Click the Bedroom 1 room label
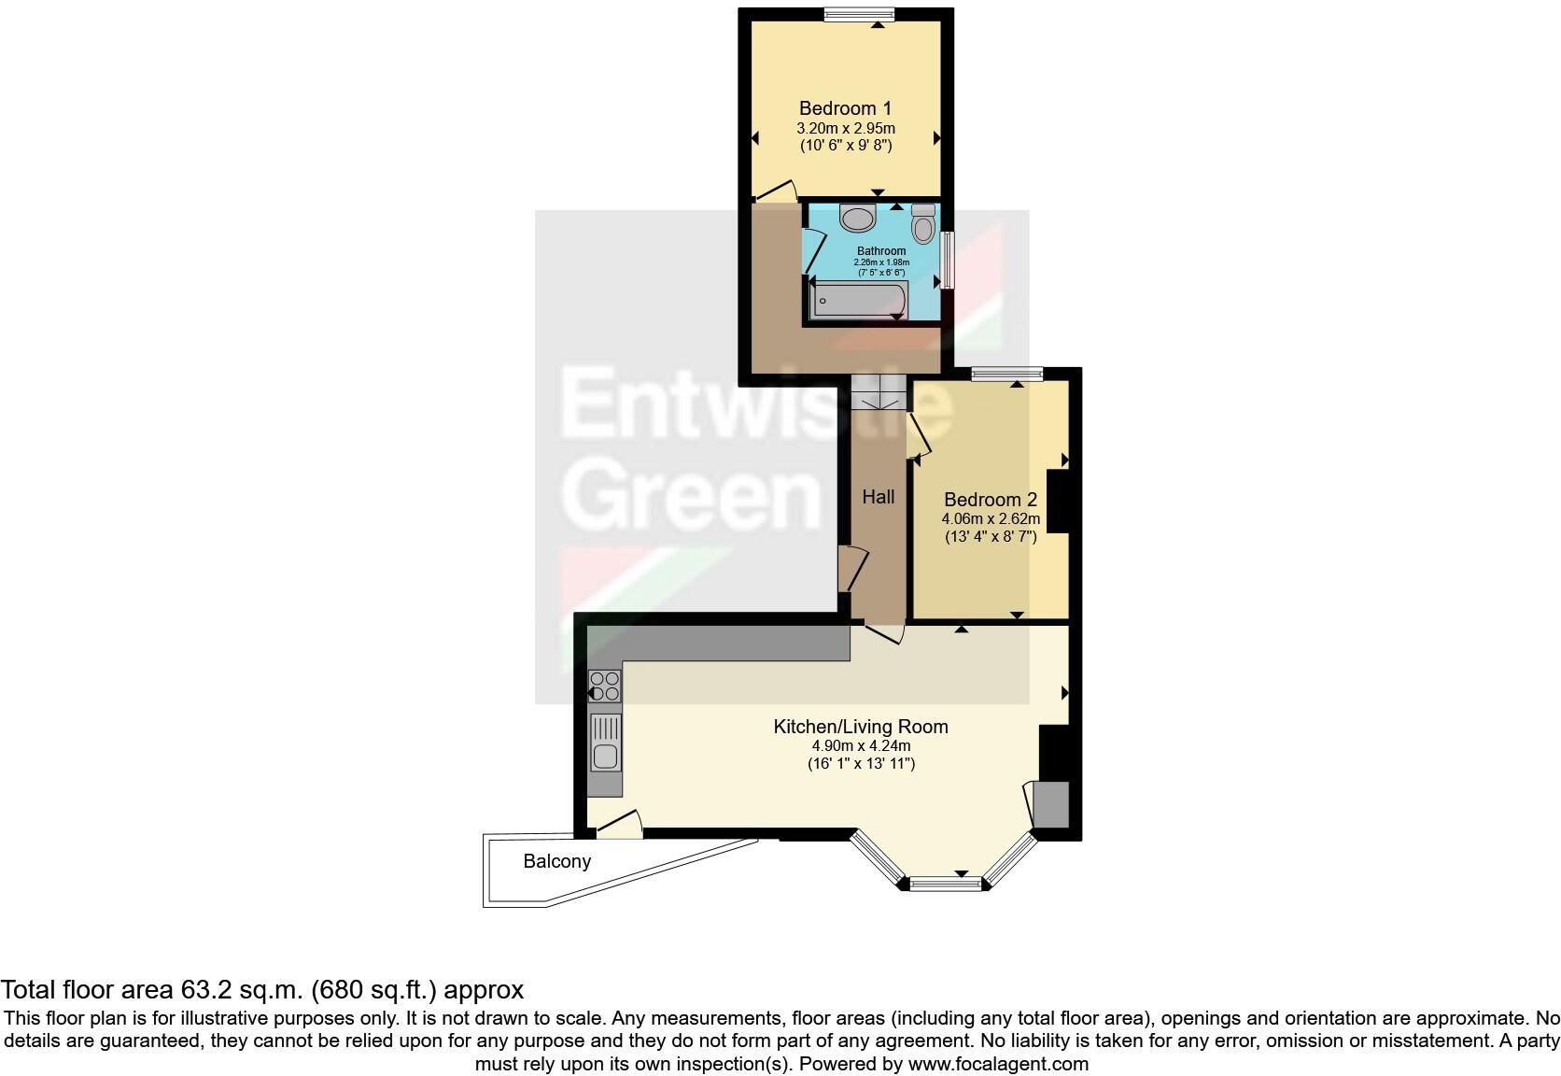click(x=837, y=108)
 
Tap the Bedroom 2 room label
click(x=990, y=500)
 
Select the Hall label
click(x=878, y=497)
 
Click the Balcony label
click(x=556, y=861)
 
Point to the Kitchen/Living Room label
click(x=860, y=727)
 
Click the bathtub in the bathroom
click(x=857, y=301)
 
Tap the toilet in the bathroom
click(x=923, y=223)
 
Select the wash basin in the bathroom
click(x=858, y=219)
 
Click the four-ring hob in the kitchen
click(x=604, y=687)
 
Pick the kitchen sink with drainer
click(x=605, y=742)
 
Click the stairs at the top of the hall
click(x=879, y=392)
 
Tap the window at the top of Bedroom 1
click(x=858, y=13)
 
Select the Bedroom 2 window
click(x=1006, y=375)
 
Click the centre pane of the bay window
click(x=946, y=883)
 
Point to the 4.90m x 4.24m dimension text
click(x=860, y=745)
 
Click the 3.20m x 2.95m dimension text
click(x=845, y=128)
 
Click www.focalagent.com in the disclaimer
click(x=998, y=1064)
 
